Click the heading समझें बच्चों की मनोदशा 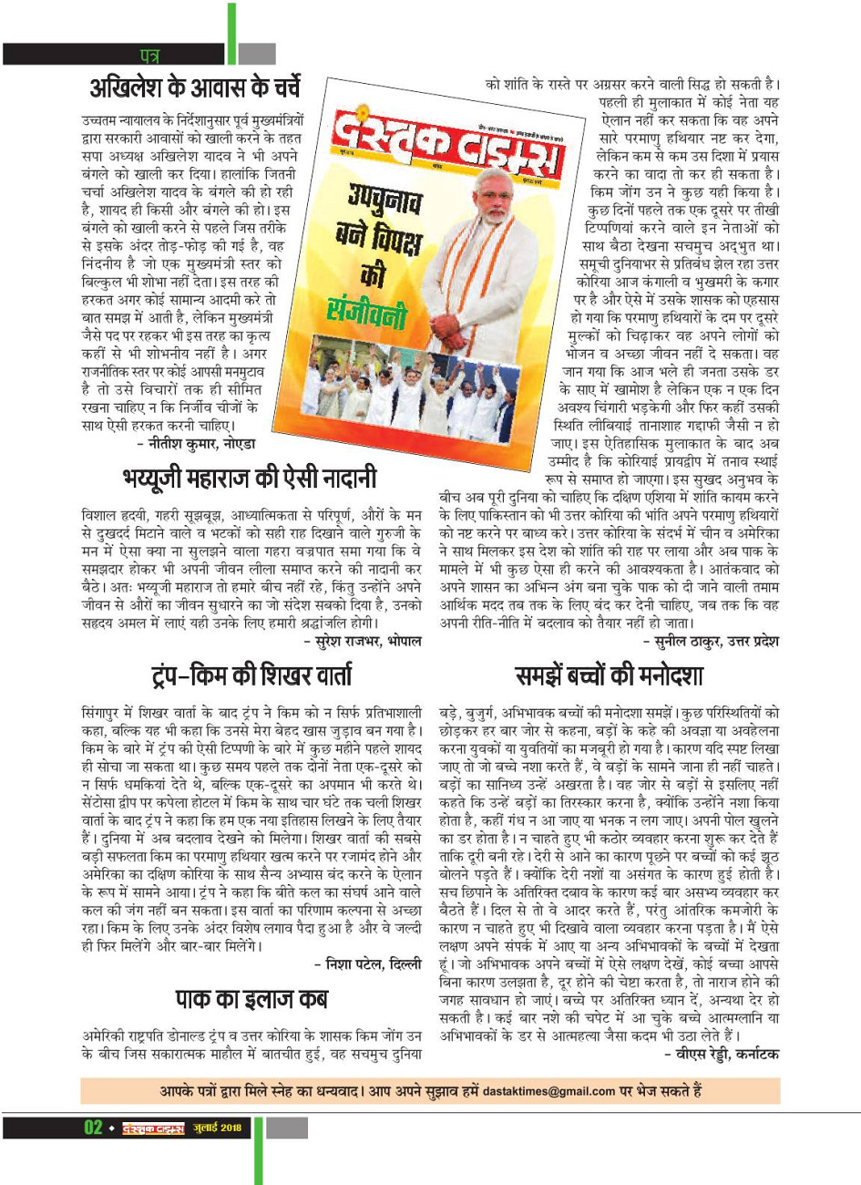pyautogui.click(x=609, y=675)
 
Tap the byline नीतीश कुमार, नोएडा pyautogui.click(x=196, y=444)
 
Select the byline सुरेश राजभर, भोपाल pyautogui.click(x=363, y=642)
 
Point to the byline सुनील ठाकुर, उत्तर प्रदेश pyautogui.click(x=711, y=642)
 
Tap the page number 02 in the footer pyautogui.click(x=94, y=1128)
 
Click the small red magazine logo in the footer pyautogui.click(x=153, y=1128)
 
